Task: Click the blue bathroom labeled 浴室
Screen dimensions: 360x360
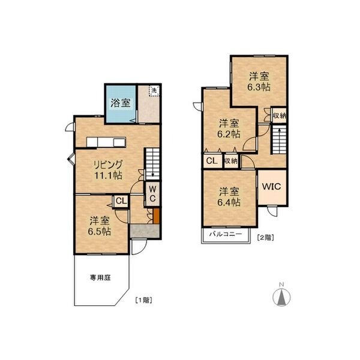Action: [x=121, y=104]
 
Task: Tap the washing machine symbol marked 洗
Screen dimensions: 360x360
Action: [x=154, y=90]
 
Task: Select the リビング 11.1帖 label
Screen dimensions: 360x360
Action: [x=109, y=170]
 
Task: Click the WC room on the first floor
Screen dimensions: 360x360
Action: [x=152, y=194]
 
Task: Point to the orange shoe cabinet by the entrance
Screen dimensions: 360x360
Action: [x=156, y=216]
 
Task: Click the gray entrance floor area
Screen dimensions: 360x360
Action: [x=145, y=231]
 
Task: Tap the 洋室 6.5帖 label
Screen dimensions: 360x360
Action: [x=100, y=226]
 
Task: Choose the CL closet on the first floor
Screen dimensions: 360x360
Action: [x=121, y=202]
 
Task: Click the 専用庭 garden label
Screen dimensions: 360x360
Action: [x=100, y=278]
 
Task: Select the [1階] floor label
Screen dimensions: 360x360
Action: [x=144, y=300]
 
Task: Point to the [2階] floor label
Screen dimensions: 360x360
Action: [x=266, y=238]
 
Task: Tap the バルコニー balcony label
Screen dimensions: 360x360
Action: [x=226, y=234]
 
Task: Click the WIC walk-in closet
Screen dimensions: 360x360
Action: [x=272, y=187]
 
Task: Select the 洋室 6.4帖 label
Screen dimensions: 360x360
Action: [x=229, y=197]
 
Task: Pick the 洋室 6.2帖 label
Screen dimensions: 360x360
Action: [x=229, y=128]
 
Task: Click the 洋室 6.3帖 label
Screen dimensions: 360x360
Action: [x=259, y=82]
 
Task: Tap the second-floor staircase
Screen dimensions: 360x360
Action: [x=279, y=139]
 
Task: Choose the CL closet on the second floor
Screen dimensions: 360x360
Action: [x=212, y=161]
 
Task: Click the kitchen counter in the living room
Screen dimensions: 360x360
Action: [x=106, y=142]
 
